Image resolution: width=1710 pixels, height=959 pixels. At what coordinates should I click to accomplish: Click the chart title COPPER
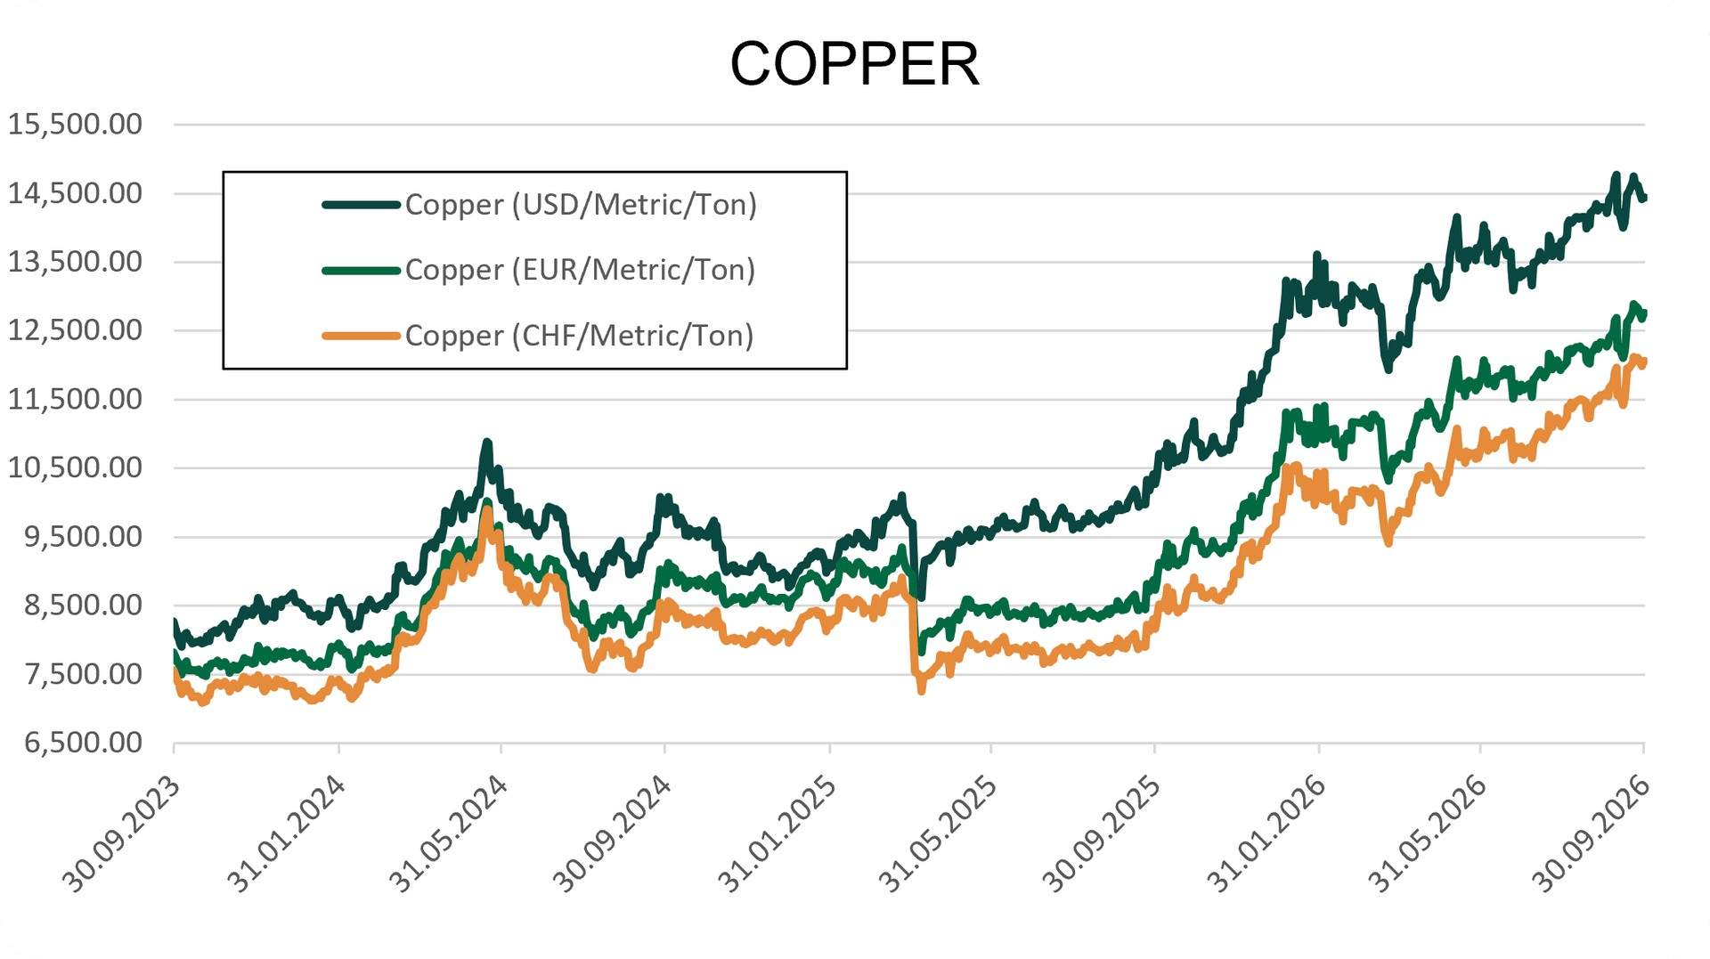click(x=854, y=64)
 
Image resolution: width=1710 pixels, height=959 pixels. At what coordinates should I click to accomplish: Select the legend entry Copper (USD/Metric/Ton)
click(x=581, y=205)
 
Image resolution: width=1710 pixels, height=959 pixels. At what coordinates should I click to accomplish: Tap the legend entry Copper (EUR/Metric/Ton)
click(x=580, y=270)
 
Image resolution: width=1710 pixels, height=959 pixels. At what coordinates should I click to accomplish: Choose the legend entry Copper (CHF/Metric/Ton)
click(x=579, y=336)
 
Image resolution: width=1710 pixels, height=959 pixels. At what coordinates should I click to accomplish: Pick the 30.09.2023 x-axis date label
click(x=122, y=833)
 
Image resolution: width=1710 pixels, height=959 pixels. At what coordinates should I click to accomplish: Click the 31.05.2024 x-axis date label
click(x=449, y=833)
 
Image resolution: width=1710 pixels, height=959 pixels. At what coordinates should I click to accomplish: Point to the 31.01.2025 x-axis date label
click(x=778, y=833)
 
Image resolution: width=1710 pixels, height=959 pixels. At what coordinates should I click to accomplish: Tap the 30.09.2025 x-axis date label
click(x=1102, y=833)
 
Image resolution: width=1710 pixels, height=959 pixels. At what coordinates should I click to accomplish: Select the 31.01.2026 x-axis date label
click(x=1266, y=833)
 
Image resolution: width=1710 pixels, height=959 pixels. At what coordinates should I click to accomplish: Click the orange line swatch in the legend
click(x=361, y=336)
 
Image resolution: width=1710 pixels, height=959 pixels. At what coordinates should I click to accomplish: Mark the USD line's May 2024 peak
click(x=487, y=443)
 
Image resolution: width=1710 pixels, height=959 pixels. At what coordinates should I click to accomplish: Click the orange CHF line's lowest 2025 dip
click(x=921, y=689)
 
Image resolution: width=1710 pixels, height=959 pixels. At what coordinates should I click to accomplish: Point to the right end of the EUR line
click(x=1643, y=313)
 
